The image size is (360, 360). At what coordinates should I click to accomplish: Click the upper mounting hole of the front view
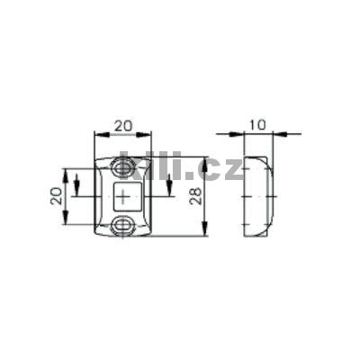(x=121, y=167)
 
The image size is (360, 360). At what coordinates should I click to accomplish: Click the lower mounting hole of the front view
(x=121, y=224)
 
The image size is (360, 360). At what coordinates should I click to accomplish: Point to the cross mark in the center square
(x=122, y=195)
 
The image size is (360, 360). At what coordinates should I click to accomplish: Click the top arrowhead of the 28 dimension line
(x=206, y=161)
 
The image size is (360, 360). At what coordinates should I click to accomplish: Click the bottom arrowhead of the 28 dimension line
(x=206, y=232)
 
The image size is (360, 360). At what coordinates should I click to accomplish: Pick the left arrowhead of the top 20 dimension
(x=98, y=135)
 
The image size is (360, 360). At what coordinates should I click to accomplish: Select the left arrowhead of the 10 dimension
(x=223, y=135)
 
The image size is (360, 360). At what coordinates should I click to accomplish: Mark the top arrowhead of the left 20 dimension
(x=66, y=171)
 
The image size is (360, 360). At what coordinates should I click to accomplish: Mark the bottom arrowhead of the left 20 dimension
(x=66, y=221)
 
